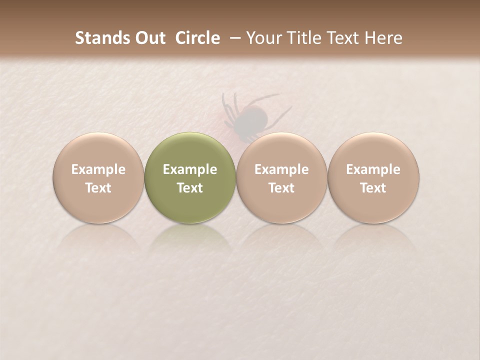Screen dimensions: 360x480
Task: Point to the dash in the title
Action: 233,38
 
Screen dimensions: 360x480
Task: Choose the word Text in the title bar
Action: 342,38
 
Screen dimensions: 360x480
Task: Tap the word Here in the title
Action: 383,38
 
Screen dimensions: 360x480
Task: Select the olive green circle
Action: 189,178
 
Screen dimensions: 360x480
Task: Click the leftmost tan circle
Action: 98,178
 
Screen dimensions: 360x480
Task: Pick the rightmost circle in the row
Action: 373,178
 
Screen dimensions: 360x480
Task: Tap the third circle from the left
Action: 281,178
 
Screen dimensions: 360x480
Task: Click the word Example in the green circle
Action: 189,169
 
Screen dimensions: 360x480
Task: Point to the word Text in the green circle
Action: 189,188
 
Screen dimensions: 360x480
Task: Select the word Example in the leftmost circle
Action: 98,169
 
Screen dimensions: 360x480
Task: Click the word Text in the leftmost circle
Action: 98,188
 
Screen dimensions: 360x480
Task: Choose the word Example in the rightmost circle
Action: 373,169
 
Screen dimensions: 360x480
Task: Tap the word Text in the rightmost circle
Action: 373,188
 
